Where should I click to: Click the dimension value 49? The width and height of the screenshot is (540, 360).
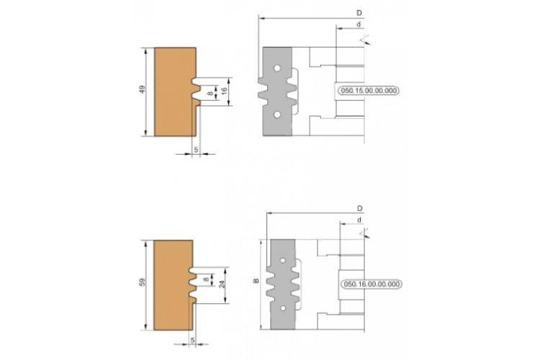(x=143, y=90)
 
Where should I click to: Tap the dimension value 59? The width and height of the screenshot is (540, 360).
(x=143, y=282)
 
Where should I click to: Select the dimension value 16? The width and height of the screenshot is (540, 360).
(x=224, y=91)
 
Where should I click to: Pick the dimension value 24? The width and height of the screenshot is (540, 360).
(x=222, y=284)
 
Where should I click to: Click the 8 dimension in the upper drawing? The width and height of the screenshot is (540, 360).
(x=210, y=93)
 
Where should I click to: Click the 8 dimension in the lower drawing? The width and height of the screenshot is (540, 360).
(x=206, y=279)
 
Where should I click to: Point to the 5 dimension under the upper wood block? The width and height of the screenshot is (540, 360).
(x=196, y=150)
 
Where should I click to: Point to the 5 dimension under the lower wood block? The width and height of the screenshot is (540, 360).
(x=192, y=341)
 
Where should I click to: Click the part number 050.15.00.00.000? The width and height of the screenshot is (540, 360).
(x=369, y=91)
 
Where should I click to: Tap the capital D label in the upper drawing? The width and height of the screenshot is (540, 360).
(x=359, y=13)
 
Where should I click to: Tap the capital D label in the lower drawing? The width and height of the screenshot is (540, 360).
(x=359, y=208)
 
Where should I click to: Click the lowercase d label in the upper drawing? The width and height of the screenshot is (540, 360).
(x=359, y=24)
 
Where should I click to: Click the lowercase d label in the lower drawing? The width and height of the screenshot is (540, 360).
(x=359, y=220)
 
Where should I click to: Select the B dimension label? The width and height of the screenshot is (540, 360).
(x=256, y=281)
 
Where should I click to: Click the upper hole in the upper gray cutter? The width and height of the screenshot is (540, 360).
(x=277, y=68)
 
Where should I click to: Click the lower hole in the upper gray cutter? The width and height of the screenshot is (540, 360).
(x=277, y=114)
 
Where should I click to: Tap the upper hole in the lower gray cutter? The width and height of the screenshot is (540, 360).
(x=283, y=261)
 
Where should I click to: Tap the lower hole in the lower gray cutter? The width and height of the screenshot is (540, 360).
(x=283, y=308)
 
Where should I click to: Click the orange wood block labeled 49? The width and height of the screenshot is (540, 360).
(x=174, y=91)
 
